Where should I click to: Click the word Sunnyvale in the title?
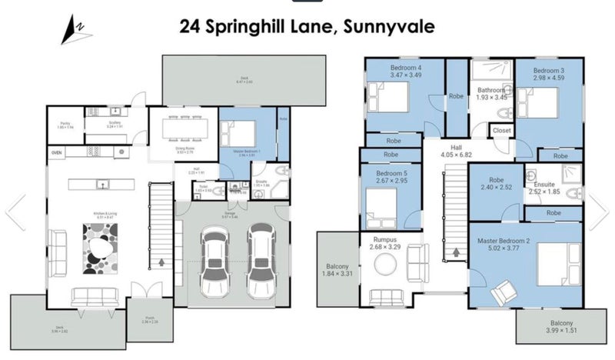pyautogui.click(x=391, y=27)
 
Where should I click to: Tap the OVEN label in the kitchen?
pyautogui.click(x=57, y=153)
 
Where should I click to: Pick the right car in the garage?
pyautogui.click(x=261, y=262)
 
